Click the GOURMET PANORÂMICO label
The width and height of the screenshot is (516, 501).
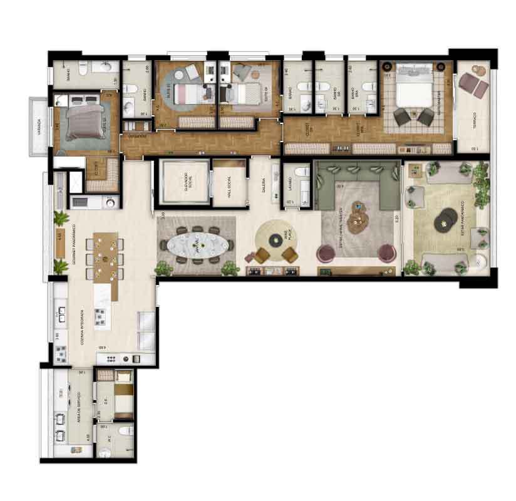tap(74, 245)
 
